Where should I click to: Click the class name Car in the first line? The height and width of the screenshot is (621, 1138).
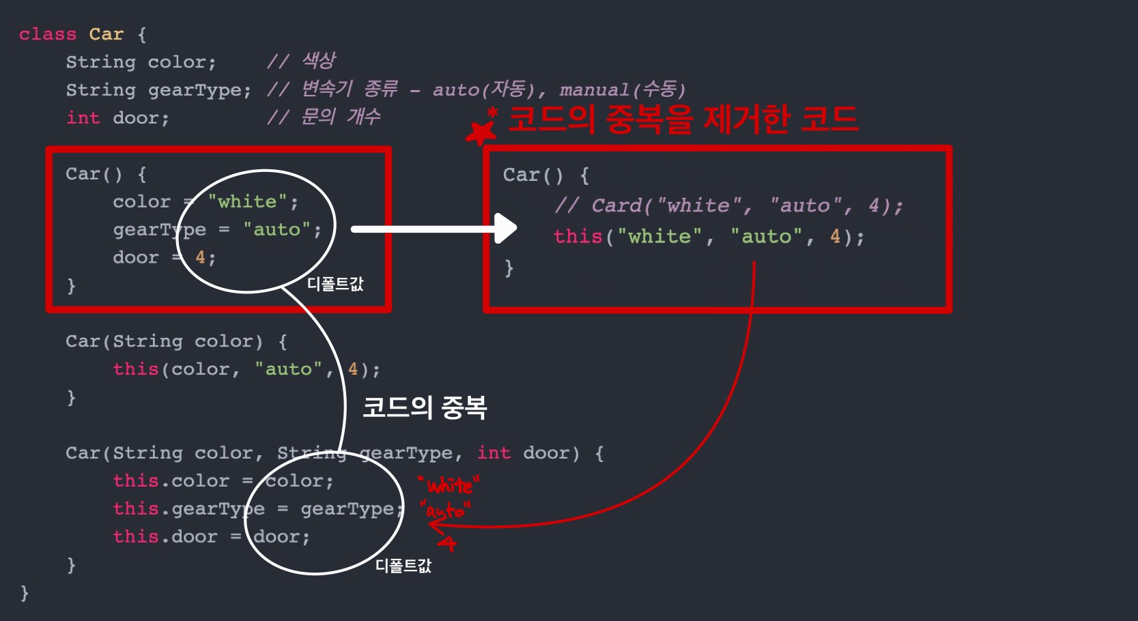pos(106,34)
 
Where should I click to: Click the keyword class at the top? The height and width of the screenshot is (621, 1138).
pos(48,34)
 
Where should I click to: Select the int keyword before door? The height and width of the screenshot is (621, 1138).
pos(83,118)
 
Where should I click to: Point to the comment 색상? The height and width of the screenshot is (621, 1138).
pos(319,61)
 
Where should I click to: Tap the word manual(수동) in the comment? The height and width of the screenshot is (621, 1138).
pos(622,89)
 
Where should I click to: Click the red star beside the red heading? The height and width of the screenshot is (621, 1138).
pos(481,132)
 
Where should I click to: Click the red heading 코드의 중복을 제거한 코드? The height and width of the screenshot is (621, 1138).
pos(683,119)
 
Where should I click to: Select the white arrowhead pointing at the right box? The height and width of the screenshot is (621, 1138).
pos(506,229)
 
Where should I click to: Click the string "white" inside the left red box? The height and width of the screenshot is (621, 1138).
pos(247,201)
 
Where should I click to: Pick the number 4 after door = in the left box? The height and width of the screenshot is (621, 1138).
pos(200,257)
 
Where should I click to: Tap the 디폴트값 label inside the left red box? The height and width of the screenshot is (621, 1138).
pos(335,284)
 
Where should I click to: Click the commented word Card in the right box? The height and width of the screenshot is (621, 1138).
pos(617,205)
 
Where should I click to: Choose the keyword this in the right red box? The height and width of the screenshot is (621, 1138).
pos(578,237)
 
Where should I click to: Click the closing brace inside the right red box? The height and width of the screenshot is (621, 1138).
pos(509,268)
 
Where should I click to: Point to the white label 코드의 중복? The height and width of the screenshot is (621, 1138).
pos(424,407)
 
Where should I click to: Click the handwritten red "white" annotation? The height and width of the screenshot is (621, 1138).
pos(449,486)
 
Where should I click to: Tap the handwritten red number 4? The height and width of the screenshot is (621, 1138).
pos(447,543)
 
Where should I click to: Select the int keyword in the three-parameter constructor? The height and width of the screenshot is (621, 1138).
pos(494,453)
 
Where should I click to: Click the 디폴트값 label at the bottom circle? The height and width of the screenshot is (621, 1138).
pos(403,566)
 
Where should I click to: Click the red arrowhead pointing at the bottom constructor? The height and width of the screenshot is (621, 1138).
pos(435,525)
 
